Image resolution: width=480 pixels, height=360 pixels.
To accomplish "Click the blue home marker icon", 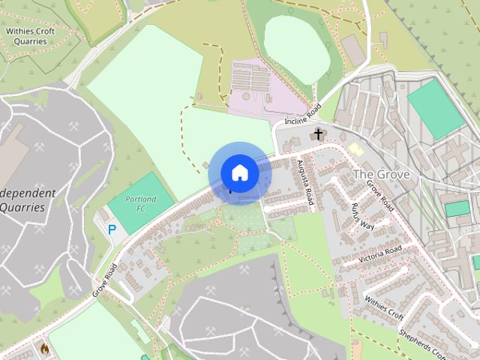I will coord(239,172).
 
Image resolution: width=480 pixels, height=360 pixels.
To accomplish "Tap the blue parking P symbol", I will coord(112,229).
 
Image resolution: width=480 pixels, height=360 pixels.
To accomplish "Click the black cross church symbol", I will coord(318,135).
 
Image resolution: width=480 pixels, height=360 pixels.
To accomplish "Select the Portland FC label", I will coord(136,203).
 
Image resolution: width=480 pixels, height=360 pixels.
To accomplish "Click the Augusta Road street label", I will coord(305,182).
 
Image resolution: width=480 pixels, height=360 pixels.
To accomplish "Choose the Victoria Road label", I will coord(379,253).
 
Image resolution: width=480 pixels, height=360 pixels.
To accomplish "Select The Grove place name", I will coord(381,174).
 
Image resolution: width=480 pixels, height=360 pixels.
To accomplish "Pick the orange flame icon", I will coord(45,349).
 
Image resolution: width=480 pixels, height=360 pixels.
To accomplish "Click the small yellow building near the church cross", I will coord(355,149).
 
